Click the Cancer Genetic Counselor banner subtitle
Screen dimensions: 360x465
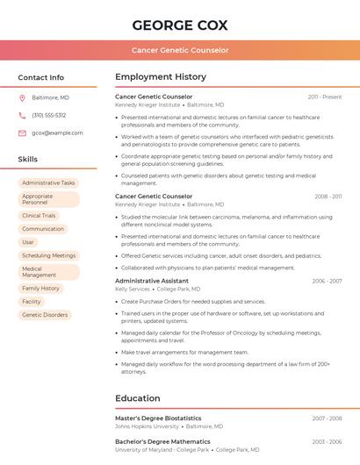[x=180, y=50]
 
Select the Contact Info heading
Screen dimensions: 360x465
[x=40, y=77]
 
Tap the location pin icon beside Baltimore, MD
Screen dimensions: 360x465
[x=22, y=98]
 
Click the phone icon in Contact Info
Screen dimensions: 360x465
[x=22, y=115]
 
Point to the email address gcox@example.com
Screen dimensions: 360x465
[x=57, y=132]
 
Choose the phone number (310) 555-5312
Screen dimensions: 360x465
[x=49, y=115]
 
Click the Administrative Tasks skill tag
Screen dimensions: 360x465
[x=48, y=182]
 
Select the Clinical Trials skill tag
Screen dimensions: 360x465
[x=39, y=215]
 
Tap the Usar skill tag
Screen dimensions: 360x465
[x=28, y=242]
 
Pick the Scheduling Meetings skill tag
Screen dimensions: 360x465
[x=48, y=255]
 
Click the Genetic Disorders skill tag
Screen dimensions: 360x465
[x=45, y=314]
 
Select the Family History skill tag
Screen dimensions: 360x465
[x=40, y=288]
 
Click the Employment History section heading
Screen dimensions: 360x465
[x=161, y=77]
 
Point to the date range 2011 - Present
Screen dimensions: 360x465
[x=325, y=97]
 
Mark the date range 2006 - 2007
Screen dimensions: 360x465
[x=327, y=281]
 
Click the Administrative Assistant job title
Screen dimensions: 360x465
[x=152, y=281]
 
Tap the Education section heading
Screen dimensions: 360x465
[x=138, y=398]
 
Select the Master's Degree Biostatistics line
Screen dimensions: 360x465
[x=158, y=418]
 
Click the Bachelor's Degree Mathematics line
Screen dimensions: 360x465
[x=159, y=441]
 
